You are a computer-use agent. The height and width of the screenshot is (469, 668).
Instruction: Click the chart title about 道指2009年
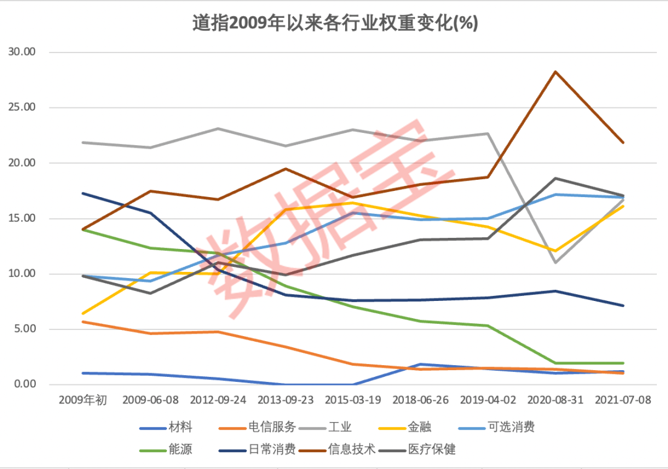coord(335,23)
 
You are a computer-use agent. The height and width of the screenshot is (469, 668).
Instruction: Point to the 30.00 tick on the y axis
coord(23,53)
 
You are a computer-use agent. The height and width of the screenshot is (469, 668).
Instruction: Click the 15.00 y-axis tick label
coord(23,218)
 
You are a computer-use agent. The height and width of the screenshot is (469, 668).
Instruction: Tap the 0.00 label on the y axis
coord(25,384)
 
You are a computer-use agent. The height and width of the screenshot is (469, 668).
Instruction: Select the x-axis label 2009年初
coord(83,400)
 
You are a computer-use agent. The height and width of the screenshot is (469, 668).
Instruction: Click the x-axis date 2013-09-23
coord(285,400)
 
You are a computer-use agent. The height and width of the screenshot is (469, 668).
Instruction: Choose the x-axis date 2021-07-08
coord(622,400)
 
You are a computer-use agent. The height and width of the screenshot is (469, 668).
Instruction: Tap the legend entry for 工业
coord(340,428)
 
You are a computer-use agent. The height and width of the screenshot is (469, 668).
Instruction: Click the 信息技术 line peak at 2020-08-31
coord(555,72)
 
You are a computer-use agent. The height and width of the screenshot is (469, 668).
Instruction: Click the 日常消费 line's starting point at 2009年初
coord(83,193)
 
